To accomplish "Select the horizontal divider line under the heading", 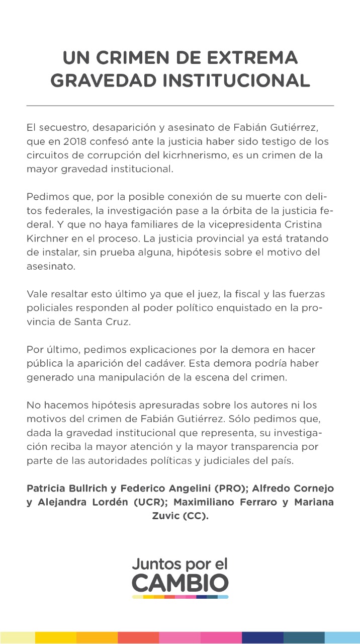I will click(180, 106).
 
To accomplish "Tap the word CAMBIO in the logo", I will click(180, 583).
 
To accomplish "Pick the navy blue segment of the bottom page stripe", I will click(262, 637).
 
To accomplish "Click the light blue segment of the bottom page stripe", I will click(342, 637).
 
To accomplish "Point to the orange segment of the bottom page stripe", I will click(97, 637).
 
